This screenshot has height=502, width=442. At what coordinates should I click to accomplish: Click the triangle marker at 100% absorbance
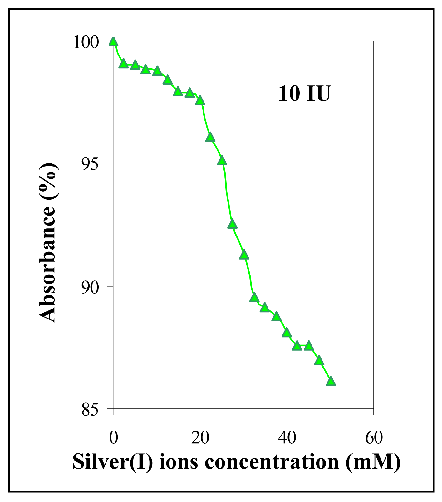coord(113,42)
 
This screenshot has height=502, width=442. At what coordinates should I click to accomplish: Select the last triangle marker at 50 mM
coord(331,381)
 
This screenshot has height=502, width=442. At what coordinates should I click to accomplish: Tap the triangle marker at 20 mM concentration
coord(200,100)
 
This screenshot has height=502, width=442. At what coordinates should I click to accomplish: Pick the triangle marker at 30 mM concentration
coord(244,255)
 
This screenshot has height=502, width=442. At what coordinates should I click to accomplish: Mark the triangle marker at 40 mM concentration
coord(287,333)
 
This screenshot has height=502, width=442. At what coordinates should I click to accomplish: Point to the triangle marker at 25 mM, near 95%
coord(222,161)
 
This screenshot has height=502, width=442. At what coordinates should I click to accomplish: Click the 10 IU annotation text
coord(304,94)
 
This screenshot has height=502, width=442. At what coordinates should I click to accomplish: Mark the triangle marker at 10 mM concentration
coord(157,71)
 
